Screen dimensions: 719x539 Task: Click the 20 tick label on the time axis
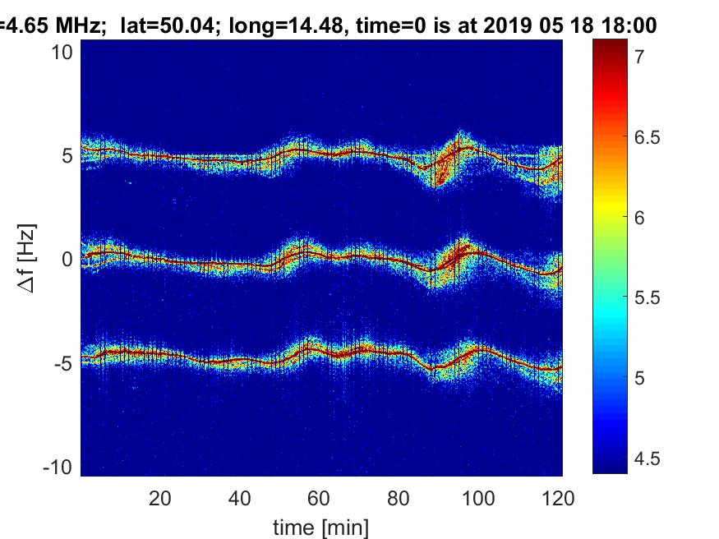coord(160,498)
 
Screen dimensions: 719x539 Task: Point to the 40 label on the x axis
coord(239,498)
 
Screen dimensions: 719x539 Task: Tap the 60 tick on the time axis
coord(319,498)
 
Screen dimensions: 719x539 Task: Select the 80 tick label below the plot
coord(398,498)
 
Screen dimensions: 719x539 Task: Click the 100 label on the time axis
coord(477,498)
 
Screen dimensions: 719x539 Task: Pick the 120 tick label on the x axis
coord(558,498)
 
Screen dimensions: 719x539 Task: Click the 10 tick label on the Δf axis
coord(62,53)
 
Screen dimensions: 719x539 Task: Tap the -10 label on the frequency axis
coord(58,468)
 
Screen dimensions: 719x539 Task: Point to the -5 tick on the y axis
coord(64,364)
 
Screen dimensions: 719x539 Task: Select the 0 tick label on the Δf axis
coord(67,260)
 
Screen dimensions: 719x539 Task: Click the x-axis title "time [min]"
coord(320,527)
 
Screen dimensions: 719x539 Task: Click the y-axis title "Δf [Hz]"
coord(26,259)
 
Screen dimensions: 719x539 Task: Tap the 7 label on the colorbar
coord(639,57)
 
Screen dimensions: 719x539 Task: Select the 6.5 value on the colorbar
coord(647,137)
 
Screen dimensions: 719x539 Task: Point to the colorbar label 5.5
coord(647,298)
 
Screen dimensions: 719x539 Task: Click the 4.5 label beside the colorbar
coord(647,458)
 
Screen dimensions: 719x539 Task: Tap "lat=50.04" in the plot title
coord(167,25)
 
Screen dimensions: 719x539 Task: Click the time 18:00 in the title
coord(629,25)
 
